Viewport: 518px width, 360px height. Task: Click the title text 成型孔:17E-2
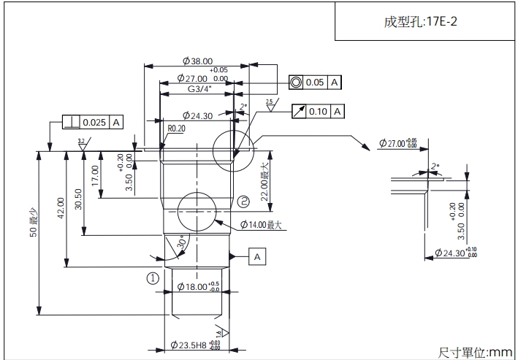point(420,21)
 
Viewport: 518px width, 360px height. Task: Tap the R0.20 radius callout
point(176,128)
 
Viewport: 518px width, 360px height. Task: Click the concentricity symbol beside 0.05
point(296,83)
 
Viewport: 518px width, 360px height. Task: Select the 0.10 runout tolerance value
point(318,111)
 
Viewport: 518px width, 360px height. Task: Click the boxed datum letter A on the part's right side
point(259,256)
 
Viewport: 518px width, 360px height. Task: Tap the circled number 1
point(153,277)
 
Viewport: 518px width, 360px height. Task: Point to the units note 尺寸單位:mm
point(475,352)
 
